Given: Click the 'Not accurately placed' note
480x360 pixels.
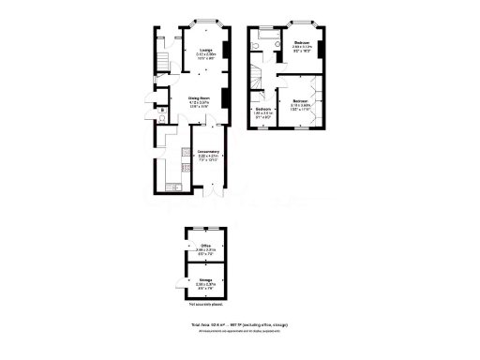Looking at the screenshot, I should click(x=204, y=306).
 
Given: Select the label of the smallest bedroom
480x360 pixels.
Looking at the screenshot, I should click(x=262, y=112).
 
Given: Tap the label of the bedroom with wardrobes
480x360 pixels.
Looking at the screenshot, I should click(x=300, y=103).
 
